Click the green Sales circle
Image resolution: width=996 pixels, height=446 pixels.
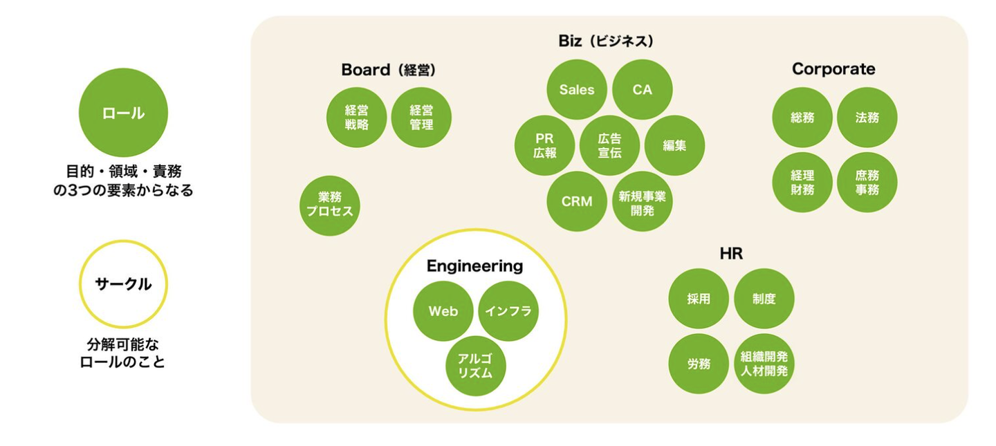click(577, 89)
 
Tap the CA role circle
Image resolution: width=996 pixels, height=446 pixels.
click(642, 89)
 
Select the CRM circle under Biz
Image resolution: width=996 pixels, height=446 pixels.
click(577, 201)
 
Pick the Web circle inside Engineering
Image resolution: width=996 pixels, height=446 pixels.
click(443, 311)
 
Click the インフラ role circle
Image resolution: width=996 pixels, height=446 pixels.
click(508, 311)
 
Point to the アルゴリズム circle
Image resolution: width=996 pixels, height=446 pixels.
click(476, 366)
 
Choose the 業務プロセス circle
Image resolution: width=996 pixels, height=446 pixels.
click(330, 205)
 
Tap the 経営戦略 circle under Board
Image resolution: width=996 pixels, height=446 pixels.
click(356, 117)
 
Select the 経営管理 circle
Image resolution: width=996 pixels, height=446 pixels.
click(421, 117)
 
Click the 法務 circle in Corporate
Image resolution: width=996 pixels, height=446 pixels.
click(867, 117)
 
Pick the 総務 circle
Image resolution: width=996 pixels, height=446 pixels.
click(802, 117)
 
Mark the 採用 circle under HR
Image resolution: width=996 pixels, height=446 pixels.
click(699, 299)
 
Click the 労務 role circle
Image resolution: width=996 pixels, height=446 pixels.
click(699, 364)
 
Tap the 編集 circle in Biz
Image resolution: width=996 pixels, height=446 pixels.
click(674, 145)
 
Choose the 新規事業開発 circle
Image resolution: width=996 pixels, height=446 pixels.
click(642, 201)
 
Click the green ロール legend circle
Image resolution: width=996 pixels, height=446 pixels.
click(123, 113)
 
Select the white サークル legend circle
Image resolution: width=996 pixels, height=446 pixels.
click(123, 284)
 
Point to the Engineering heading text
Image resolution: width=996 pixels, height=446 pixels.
click(474, 266)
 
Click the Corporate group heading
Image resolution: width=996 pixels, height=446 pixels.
click(833, 69)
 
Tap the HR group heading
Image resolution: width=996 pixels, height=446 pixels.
click(731, 254)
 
